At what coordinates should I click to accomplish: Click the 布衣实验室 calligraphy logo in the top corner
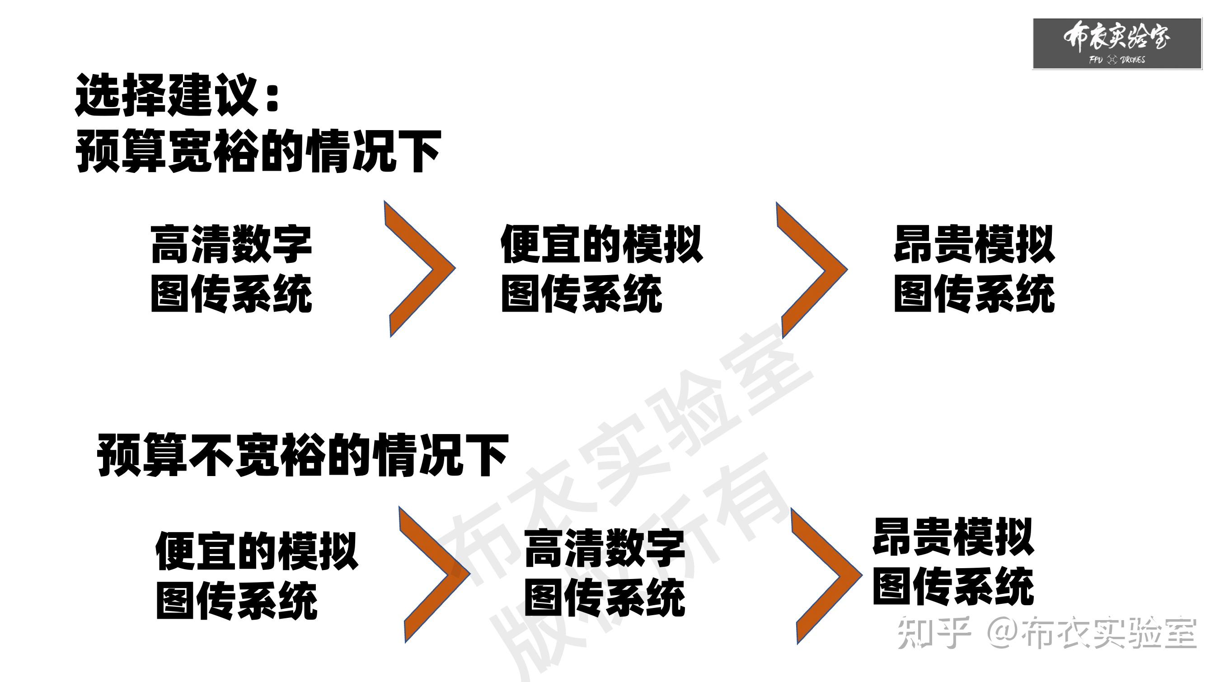(x=1116, y=37)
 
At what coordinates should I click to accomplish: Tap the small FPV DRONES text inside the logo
(x=1116, y=60)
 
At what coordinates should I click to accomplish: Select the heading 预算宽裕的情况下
(x=258, y=151)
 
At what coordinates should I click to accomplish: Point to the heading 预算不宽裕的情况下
(x=302, y=455)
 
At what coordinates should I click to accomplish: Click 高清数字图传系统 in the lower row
(x=605, y=573)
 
